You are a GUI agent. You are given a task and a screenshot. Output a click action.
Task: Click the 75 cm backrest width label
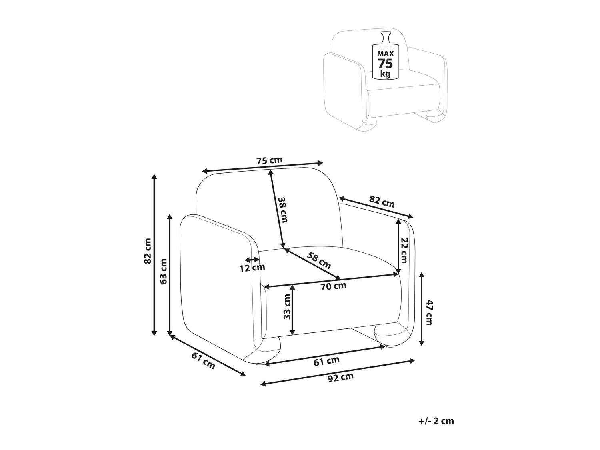click(269, 160)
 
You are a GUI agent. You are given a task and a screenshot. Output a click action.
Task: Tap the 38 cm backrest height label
click(283, 210)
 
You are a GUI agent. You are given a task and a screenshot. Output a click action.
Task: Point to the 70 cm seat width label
click(333, 286)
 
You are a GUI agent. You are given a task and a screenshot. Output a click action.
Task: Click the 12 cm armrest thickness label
click(252, 268)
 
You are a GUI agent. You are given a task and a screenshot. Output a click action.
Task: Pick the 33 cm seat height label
click(287, 307)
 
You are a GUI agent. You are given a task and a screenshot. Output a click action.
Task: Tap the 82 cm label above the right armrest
click(382, 201)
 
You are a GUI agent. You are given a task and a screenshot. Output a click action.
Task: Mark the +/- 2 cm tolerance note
click(436, 421)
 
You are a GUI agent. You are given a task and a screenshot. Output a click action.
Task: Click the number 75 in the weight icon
click(386, 64)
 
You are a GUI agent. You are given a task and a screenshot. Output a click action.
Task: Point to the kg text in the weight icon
click(386, 74)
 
